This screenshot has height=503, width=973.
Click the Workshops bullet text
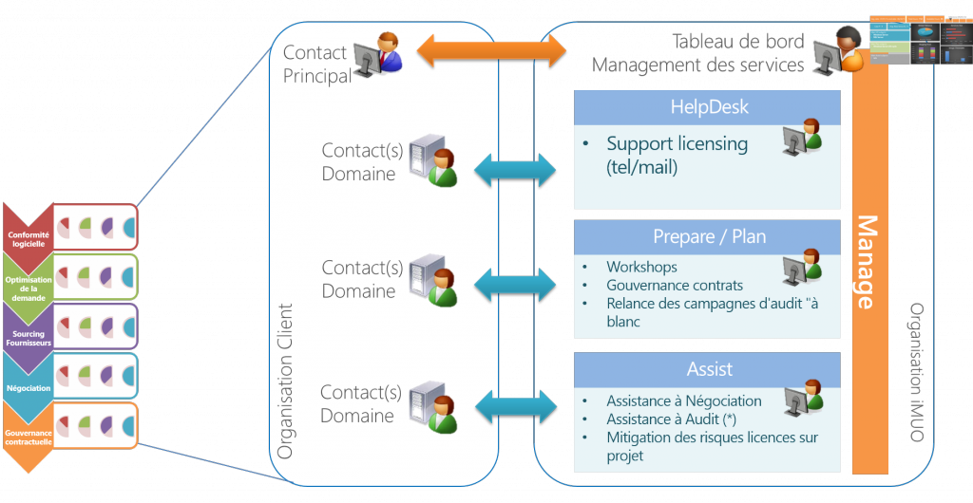pos(641,267)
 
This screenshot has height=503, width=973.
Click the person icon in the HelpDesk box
pos(801,140)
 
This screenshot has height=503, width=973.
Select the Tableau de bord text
pos(738,42)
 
